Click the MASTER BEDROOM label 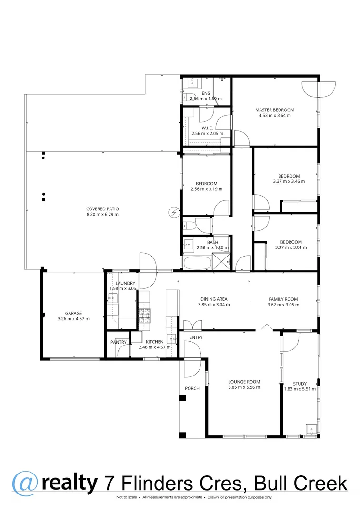[275, 109]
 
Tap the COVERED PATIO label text [102, 208]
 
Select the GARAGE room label [74, 313]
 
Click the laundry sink [113, 298]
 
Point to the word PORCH [192, 388]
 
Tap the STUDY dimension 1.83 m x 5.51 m [300, 389]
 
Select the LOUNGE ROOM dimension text [244, 387]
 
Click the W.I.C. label [207, 128]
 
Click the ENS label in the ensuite [206, 93]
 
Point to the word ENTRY [196, 337]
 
